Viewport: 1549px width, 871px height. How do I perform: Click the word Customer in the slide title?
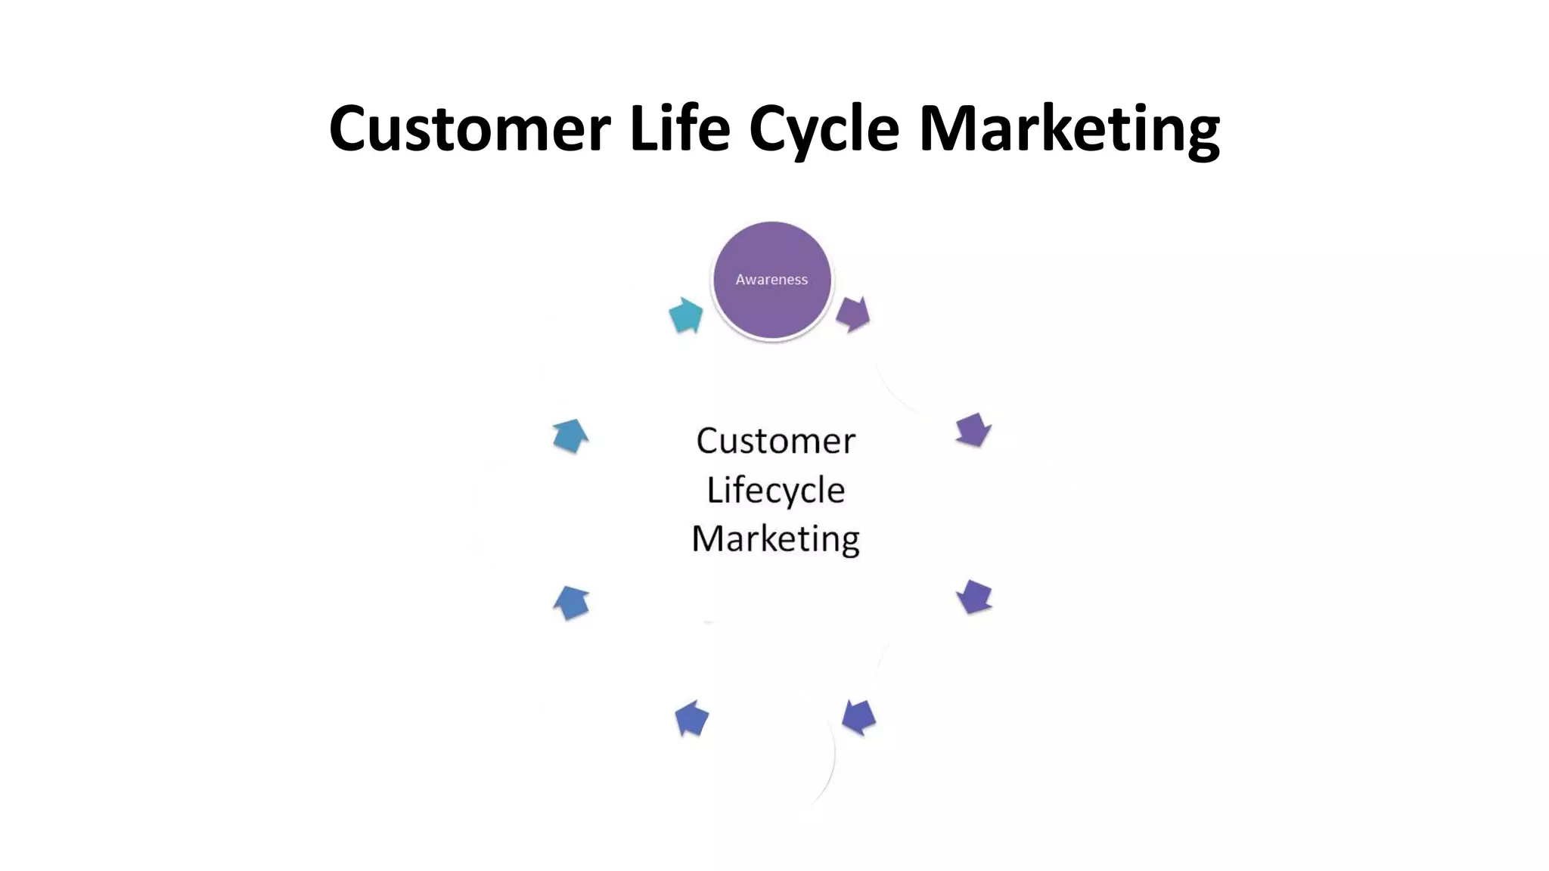point(469,129)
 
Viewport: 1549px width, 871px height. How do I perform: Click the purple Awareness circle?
point(771,280)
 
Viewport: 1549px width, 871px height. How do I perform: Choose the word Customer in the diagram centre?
point(775,441)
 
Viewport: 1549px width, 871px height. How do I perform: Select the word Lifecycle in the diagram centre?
point(775,491)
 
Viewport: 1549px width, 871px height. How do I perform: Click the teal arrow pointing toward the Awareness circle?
point(686,315)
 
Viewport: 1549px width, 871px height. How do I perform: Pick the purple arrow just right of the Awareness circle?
point(853,314)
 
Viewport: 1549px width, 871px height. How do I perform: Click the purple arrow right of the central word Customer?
point(973,430)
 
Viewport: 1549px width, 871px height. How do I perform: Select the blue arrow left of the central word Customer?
point(570,436)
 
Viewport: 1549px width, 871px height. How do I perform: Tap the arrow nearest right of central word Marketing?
point(974,597)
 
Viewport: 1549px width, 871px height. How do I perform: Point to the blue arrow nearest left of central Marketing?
point(572,603)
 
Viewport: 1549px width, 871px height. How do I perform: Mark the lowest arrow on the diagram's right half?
point(858,717)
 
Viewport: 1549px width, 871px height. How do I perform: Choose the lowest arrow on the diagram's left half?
point(691,718)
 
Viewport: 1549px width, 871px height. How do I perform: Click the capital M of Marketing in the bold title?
point(948,129)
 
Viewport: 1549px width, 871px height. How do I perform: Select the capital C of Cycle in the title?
point(768,129)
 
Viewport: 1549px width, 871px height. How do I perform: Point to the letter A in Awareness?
point(740,280)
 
